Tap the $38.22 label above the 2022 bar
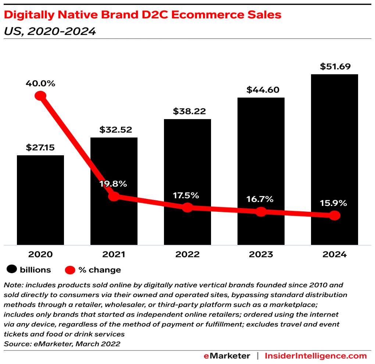coord(187,111)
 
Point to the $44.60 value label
coord(261,89)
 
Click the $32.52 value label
coord(114,129)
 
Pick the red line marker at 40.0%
coord(40,96)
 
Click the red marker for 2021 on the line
coord(114,196)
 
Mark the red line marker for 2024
coord(334,215)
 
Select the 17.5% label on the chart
coord(187,195)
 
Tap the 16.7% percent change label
coord(261,199)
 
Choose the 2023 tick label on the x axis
coord(261,254)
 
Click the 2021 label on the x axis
coord(114,254)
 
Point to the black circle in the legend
coord(12,270)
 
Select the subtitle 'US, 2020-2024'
coord(50,31)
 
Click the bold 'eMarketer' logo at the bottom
coord(227,356)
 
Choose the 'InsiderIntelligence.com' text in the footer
coord(316,356)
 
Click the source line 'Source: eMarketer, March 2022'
coord(62,344)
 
